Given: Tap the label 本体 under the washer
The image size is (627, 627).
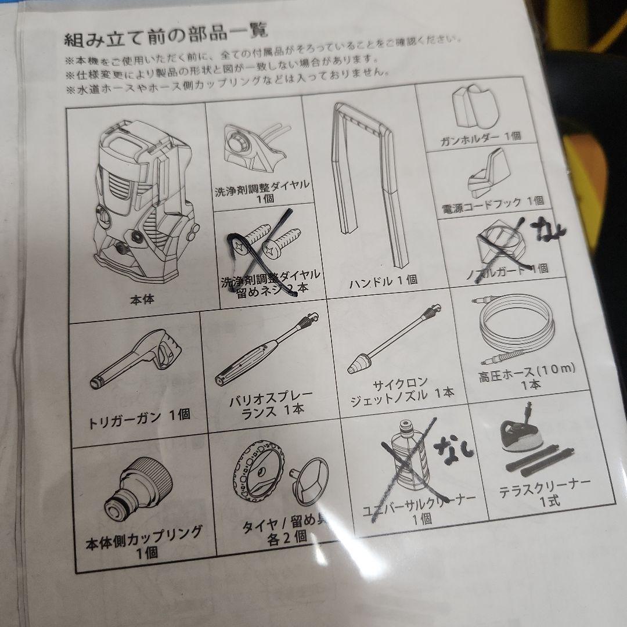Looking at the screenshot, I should (x=142, y=300).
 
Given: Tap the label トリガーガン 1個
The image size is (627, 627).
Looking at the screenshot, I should (x=139, y=416).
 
